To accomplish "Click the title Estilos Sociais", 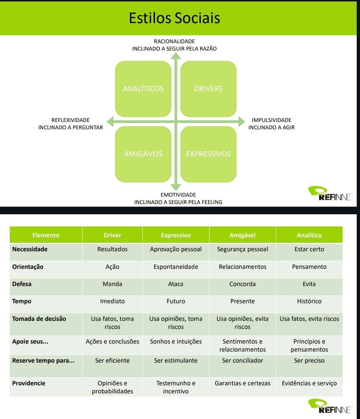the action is [175, 18].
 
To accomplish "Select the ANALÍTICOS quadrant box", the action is [143, 89].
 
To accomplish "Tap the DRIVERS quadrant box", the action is [209, 89].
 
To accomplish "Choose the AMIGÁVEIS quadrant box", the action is [143, 154].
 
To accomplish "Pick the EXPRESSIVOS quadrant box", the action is [209, 154].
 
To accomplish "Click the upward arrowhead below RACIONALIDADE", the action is [176, 56].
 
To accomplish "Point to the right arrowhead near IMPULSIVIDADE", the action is [242, 122].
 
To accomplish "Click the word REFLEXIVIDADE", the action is [71, 120].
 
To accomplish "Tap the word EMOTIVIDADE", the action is [178, 195].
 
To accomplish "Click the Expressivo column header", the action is [176, 235].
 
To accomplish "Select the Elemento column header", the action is [46, 235].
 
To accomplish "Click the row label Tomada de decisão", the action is [39, 319].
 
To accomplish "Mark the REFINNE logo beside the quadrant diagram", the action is [330, 193].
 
